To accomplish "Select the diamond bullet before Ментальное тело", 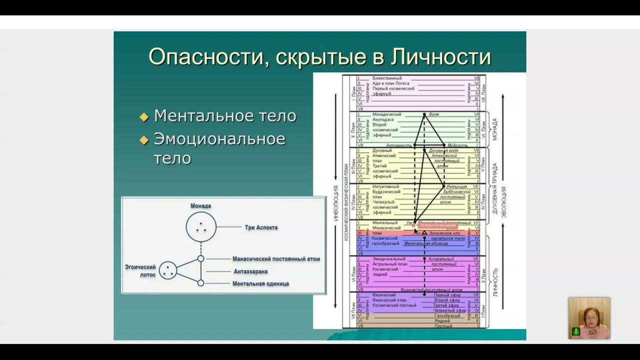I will (x=144, y=117).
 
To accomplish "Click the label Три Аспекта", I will (x=261, y=227).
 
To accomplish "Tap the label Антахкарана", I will (x=250, y=271).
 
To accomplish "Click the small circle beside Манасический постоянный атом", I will (x=200, y=259).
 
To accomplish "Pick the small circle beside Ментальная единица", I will (x=200, y=283).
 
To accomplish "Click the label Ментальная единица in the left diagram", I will (x=260, y=283).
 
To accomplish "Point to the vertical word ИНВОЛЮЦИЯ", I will (x=336, y=203).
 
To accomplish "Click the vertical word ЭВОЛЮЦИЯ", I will (x=504, y=203).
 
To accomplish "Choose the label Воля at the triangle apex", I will (x=433, y=114).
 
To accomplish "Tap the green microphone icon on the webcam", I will (x=576, y=331).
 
